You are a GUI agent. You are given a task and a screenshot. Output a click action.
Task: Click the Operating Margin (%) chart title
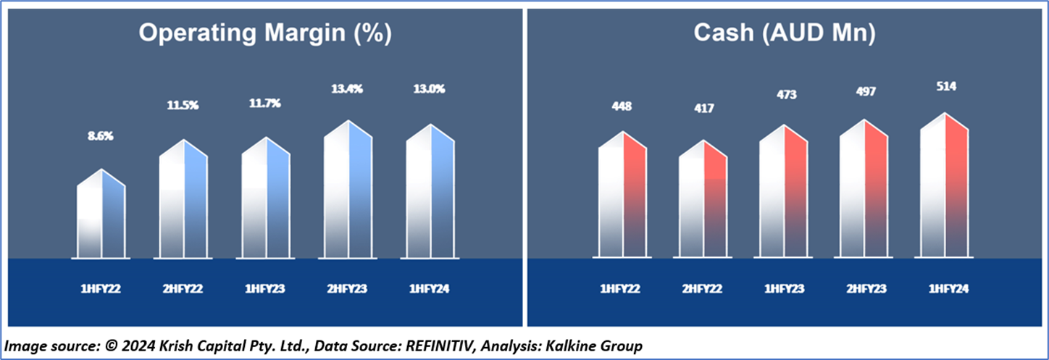pyautogui.click(x=264, y=33)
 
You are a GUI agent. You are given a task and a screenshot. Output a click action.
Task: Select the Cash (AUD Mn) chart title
pyautogui.click(x=786, y=33)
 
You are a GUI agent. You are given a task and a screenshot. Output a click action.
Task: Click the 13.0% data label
pyautogui.click(x=430, y=89)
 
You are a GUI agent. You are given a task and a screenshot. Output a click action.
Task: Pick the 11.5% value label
pyautogui.click(x=183, y=106)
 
